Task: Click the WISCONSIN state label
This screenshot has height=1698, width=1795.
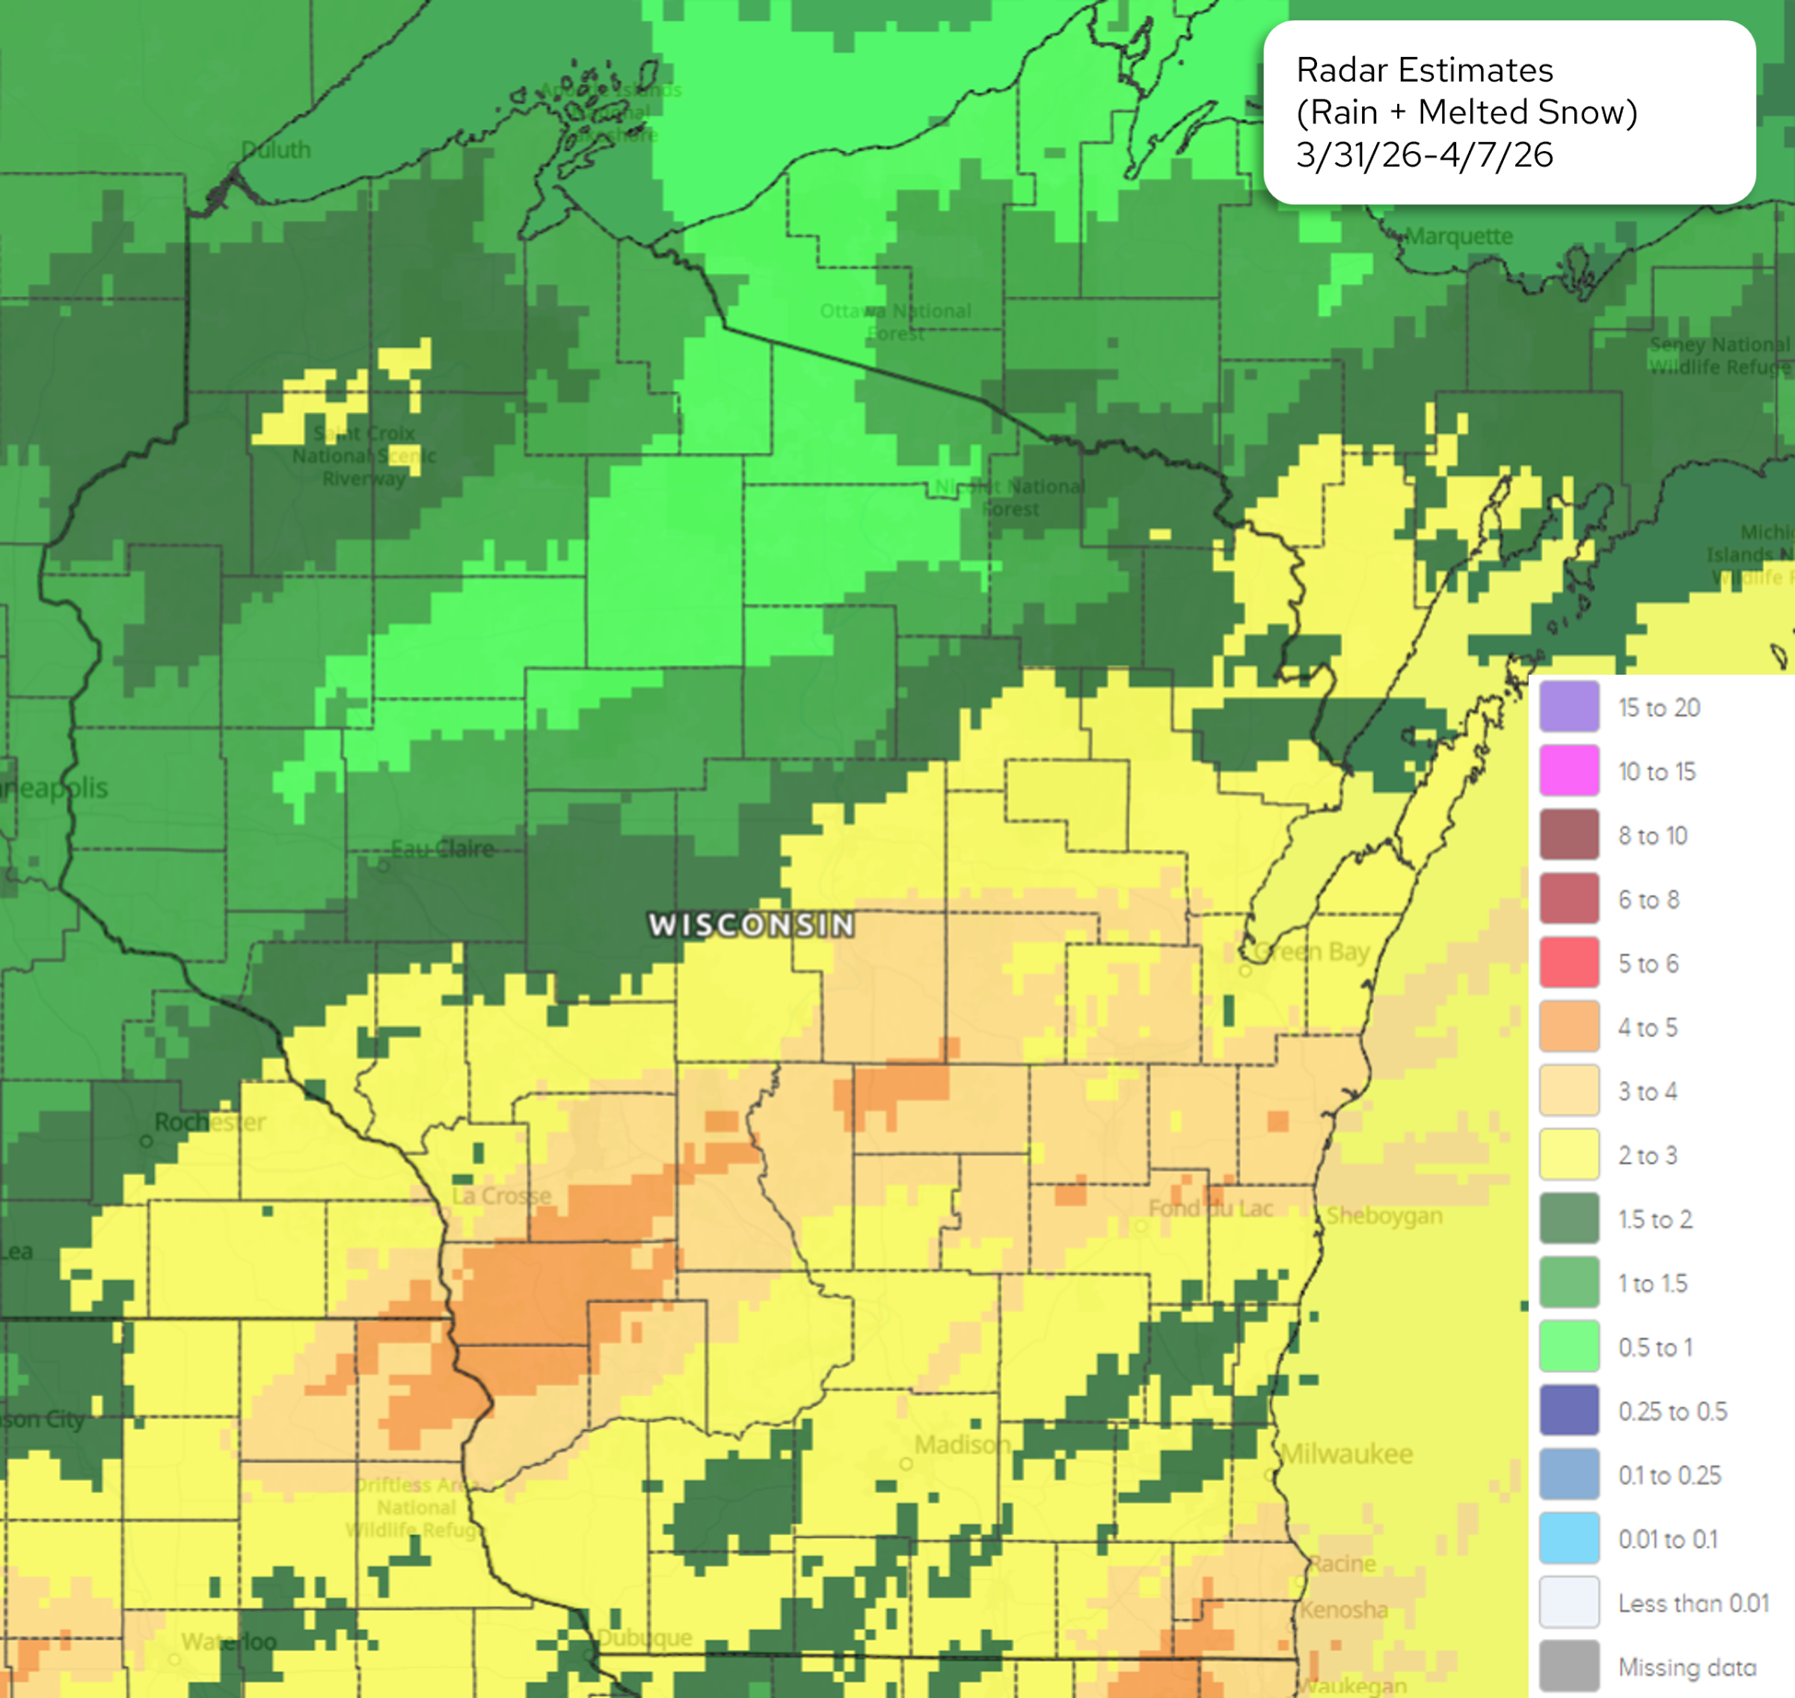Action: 752,925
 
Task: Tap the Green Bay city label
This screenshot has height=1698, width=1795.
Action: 1313,952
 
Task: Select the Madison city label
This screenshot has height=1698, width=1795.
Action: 961,1444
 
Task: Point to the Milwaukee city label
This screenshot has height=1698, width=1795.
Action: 1347,1453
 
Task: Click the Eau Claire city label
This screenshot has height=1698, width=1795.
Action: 443,849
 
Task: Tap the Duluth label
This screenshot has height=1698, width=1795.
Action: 276,150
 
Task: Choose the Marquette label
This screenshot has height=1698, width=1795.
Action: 1459,236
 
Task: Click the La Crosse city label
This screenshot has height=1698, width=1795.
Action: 501,1195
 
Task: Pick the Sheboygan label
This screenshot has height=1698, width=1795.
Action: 1384,1216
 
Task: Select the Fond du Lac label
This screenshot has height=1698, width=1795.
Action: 1210,1208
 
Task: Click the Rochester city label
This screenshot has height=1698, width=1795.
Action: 210,1122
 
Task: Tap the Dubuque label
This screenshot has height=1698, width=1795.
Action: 645,1637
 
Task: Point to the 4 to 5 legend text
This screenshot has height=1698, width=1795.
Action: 1648,1027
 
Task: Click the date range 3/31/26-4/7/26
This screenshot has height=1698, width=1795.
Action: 1424,155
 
